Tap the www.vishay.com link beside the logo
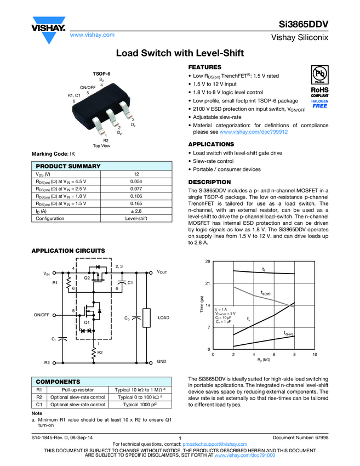point(92,35)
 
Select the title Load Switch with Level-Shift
point(180,53)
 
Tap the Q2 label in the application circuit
point(87,278)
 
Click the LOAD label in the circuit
point(163,318)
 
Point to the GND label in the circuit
point(162,362)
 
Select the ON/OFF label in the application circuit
point(42,315)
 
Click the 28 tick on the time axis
point(208,262)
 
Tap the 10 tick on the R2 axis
point(315,355)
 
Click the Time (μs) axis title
point(201,305)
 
